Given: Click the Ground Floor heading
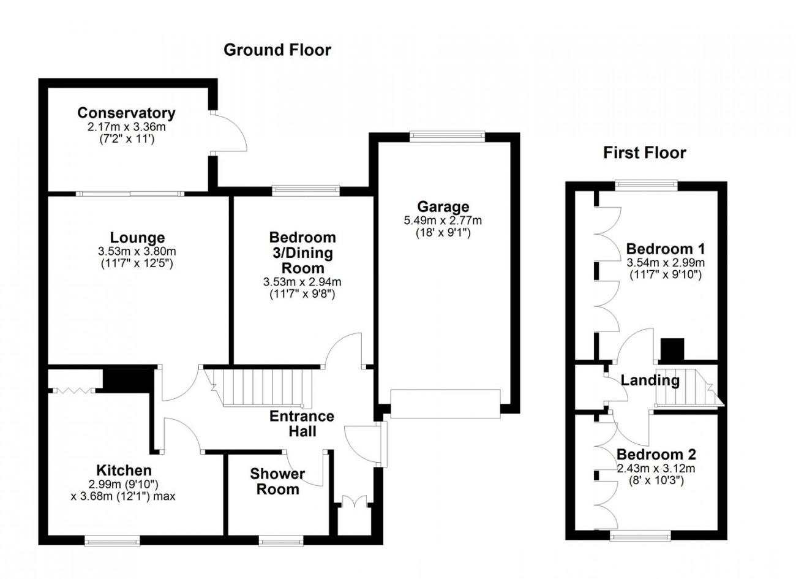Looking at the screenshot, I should pyautogui.click(x=277, y=50).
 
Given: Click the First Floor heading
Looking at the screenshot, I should pyautogui.click(x=644, y=153).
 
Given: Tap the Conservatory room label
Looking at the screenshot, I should pyautogui.click(x=126, y=113).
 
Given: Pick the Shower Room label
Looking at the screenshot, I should pyautogui.click(x=277, y=482).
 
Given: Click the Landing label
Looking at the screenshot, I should pyautogui.click(x=650, y=380).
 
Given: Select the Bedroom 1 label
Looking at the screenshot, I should pyautogui.click(x=665, y=249).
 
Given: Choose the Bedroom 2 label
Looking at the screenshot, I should pyautogui.click(x=656, y=455).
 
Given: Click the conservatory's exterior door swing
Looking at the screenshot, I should pyautogui.click(x=231, y=131).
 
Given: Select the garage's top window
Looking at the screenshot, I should pyautogui.click(x=447, y=137).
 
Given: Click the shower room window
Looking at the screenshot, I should pyautogui.click(x=280, y=540).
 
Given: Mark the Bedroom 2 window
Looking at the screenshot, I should pyautogui.click(x=640, y=536).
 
